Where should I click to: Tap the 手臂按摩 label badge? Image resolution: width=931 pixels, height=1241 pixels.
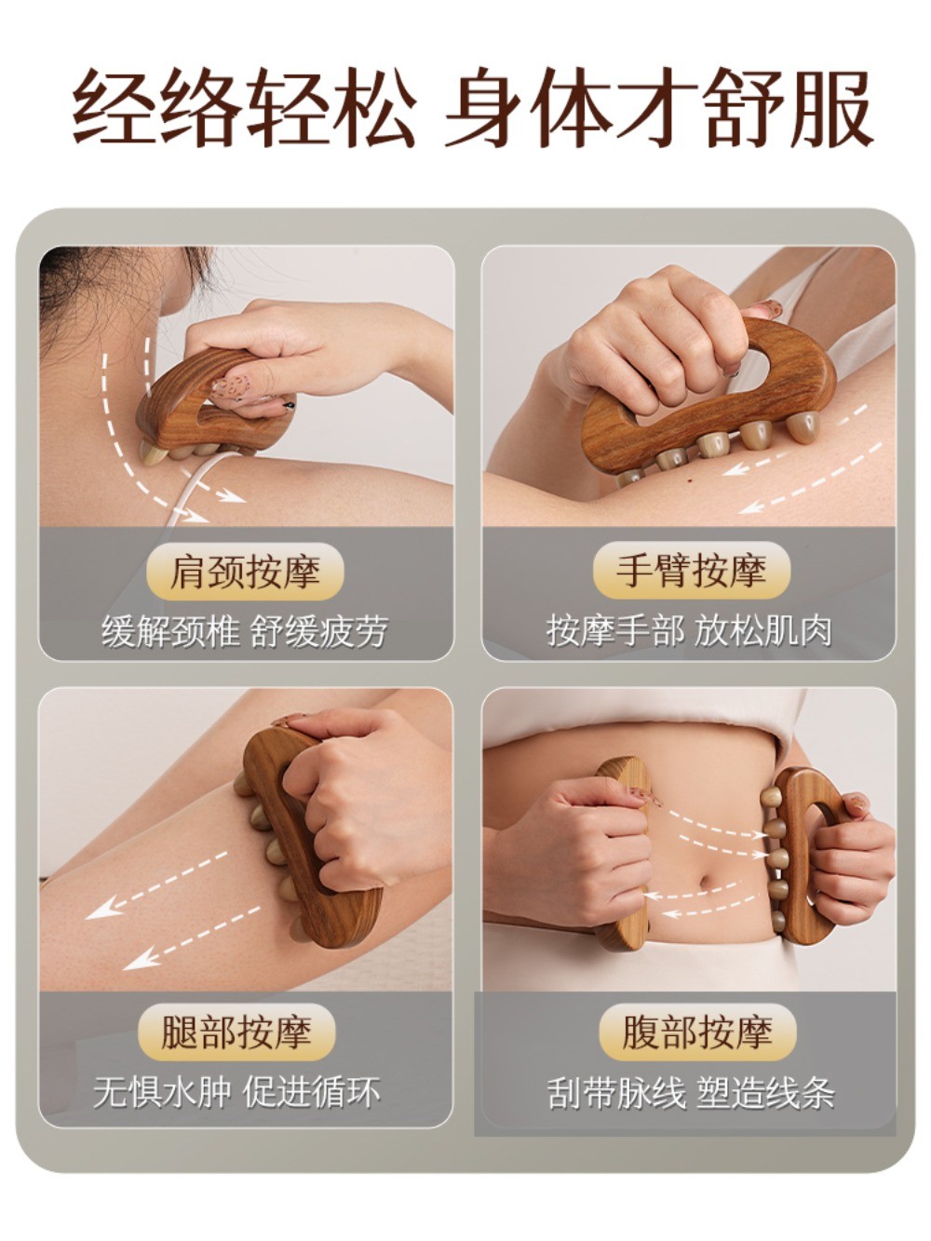pyautogui.click(x=691, y=570)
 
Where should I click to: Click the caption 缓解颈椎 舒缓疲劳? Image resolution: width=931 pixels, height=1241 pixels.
pyautogui.click(x=245, y=631)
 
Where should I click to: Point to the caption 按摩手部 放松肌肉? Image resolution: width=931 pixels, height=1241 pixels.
pyautogui.click(x=689, y=631)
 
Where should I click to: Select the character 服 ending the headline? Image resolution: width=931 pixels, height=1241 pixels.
pyautogui.click(x=833, y=107)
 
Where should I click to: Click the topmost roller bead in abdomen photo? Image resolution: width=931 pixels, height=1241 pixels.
pyautogui.click(x=769, y=797)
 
